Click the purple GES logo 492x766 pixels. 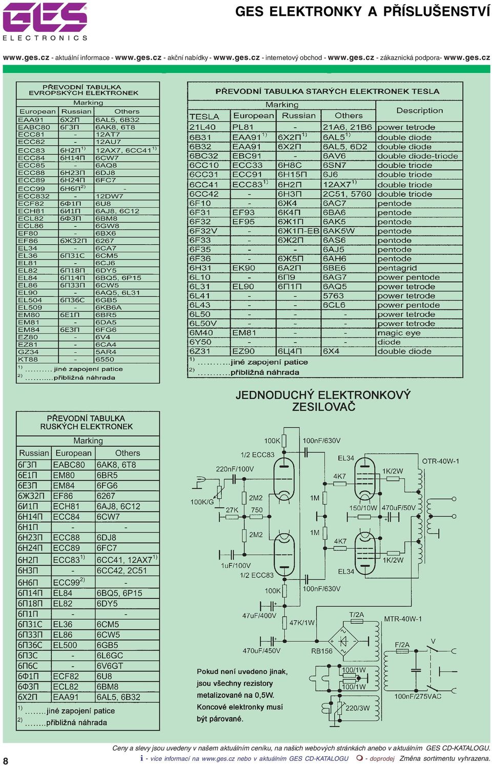[x=45, y=17]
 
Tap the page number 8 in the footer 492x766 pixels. [x=6, y=760]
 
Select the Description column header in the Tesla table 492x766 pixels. [x=419, y=110]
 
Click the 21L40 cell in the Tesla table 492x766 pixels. [x=202, y=127]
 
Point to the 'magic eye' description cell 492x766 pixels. [x=399, y=333]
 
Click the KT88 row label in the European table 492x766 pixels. [x=28, y=360]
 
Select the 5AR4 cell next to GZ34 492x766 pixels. [x=106, y=352]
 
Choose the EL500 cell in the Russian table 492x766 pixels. [x=65, y=645]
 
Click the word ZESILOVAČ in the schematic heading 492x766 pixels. [x=323, y=407]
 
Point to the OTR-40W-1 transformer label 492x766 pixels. [x=440, y=461]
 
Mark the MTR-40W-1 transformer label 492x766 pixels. [x=402, y=619]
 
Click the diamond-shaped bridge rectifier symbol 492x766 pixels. [x=343, y=641]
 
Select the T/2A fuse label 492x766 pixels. [x=356, y=615]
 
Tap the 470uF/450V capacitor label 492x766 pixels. [x=261, y=651]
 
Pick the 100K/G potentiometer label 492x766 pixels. [x=202, y=502]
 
